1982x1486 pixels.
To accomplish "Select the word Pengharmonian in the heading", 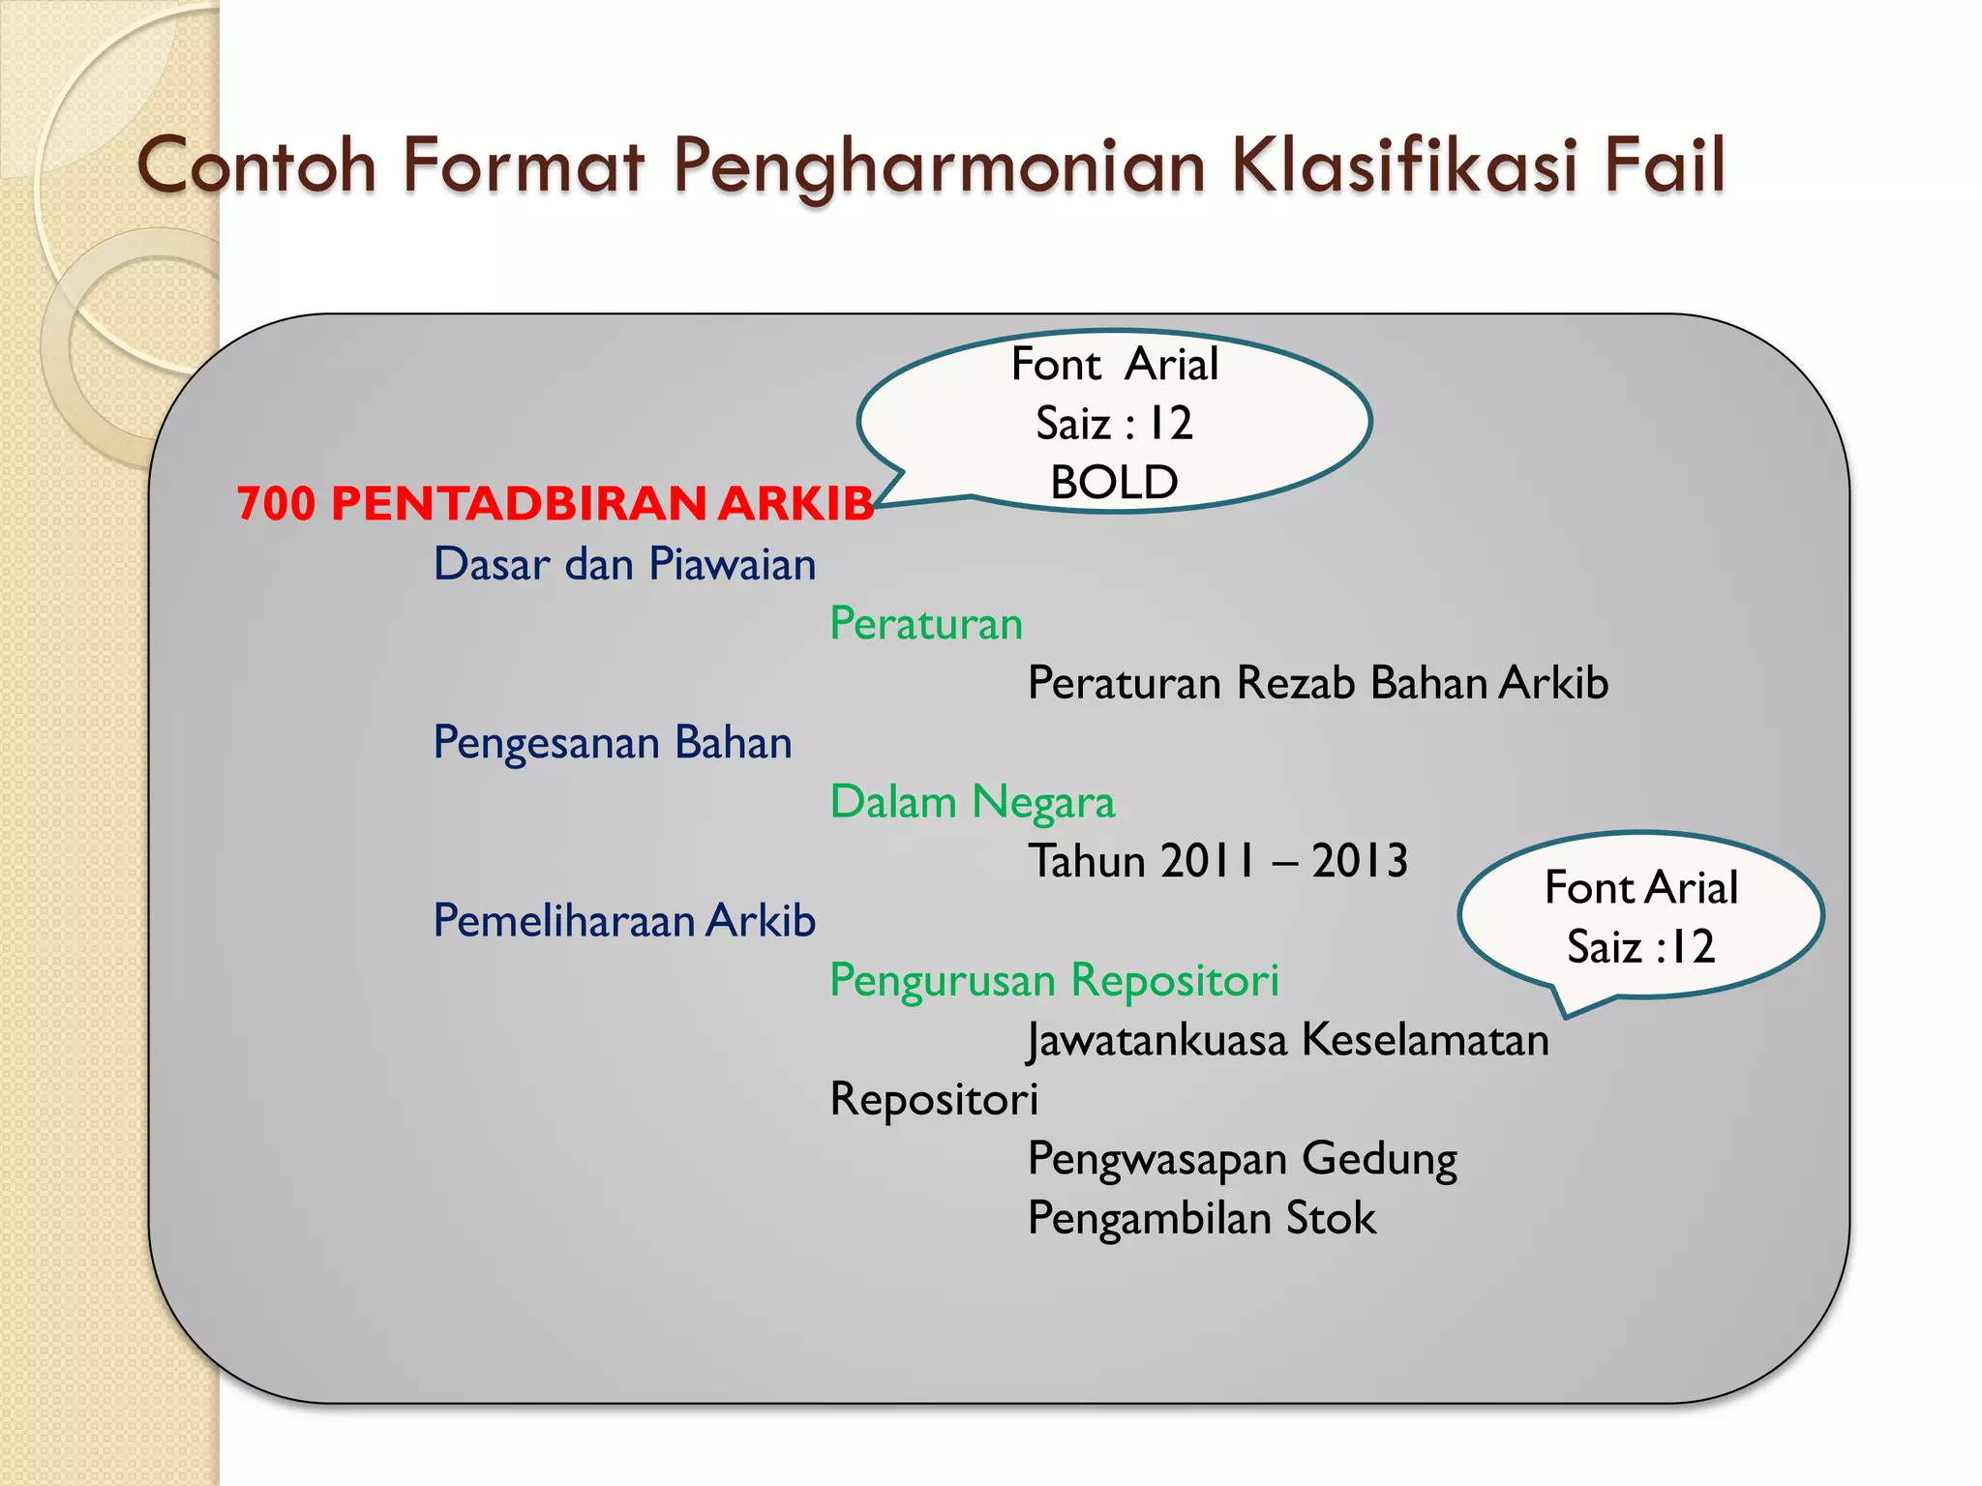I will point(939,166).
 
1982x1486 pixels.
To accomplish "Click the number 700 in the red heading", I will point(276,504).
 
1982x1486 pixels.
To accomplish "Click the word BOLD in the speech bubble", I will point(1114,482).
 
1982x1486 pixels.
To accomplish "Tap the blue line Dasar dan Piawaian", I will point(624,564).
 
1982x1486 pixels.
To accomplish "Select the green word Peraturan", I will point(926,624).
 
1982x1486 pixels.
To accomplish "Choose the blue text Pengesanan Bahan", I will point(613,743).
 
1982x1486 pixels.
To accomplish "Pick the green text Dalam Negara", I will point(973,802).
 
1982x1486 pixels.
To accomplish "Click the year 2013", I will point(1360,861).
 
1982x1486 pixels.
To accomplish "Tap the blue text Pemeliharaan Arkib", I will point(624,920).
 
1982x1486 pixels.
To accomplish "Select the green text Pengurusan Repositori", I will point(1055,980).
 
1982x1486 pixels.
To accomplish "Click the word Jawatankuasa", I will point(1157,1040).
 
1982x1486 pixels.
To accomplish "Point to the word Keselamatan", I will point(1426,1040).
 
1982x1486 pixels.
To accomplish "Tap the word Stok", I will point(1331,1218).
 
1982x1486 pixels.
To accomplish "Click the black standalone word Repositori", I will point(934,1100).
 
